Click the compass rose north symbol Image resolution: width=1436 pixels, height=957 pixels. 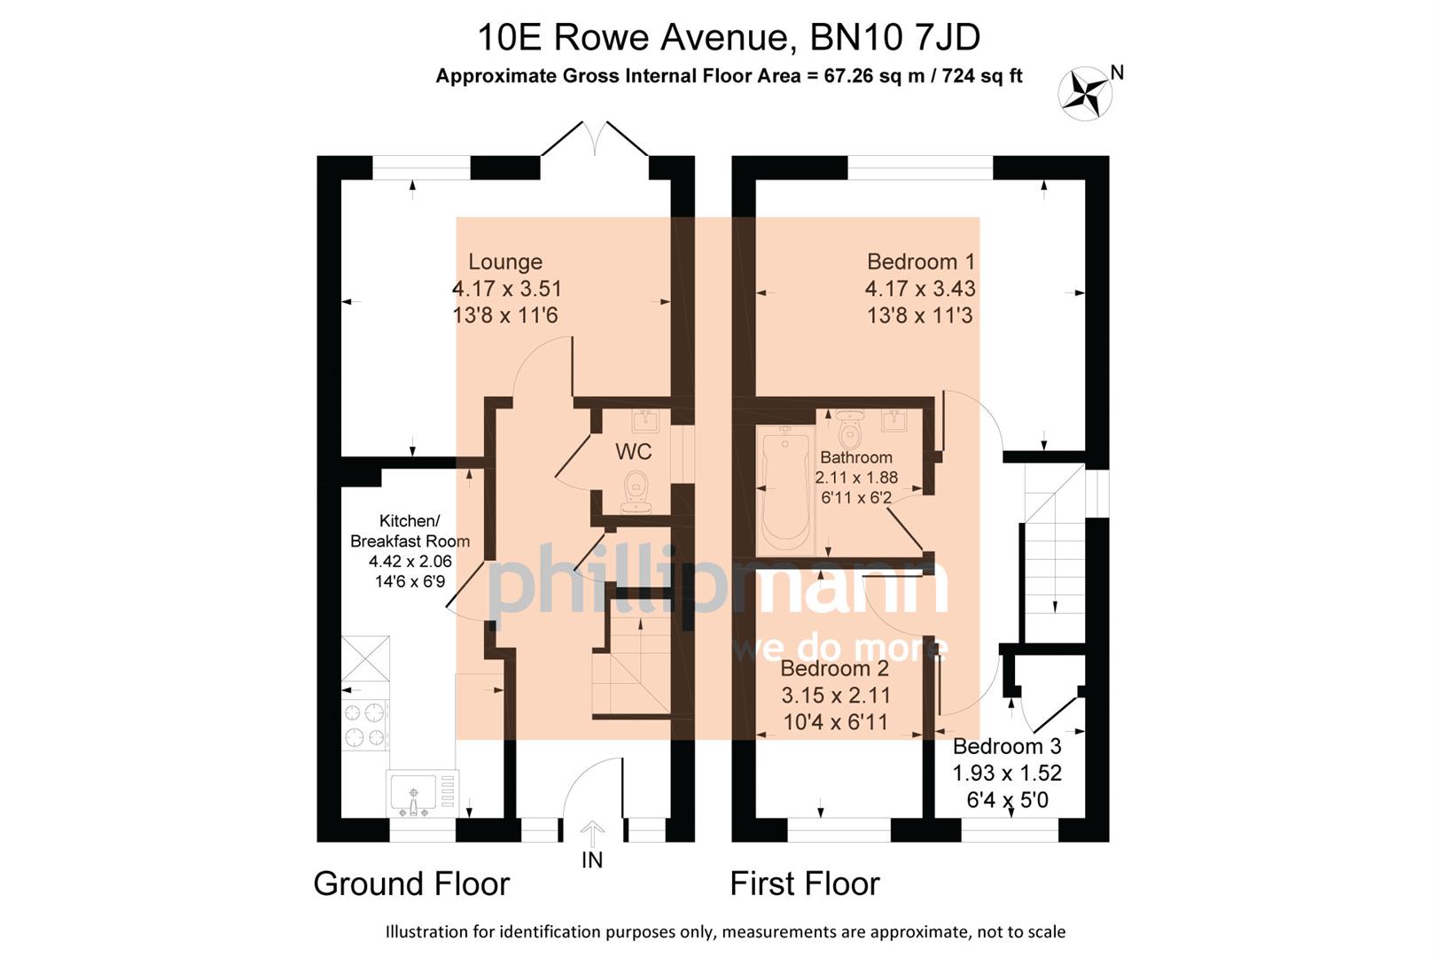[1086, 93]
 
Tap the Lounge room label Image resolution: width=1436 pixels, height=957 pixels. [505, 262]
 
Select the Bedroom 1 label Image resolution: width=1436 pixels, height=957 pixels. [920, 262]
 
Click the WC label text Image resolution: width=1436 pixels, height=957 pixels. [633, 452]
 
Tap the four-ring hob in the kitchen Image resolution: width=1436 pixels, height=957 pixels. [365, 725]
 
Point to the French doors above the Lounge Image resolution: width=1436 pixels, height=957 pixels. [595, 140]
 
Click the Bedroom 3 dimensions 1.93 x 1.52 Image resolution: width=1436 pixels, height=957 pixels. [1007, 774]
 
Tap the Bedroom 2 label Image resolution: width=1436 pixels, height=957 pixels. [834, 669]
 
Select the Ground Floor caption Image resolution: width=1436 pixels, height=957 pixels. [411, 883]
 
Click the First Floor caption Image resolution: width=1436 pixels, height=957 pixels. [804, 883]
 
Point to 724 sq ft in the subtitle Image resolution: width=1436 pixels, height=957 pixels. [982, 76]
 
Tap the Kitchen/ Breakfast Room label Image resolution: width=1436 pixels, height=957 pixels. [410, 531]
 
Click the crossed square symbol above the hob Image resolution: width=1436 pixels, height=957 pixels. [365, 658]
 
